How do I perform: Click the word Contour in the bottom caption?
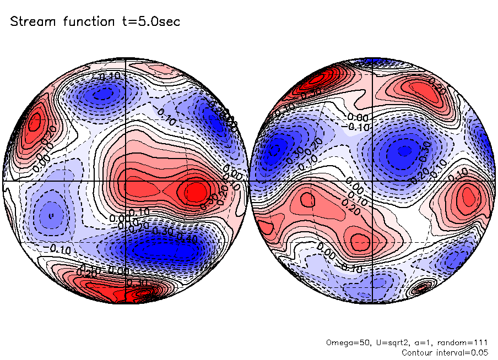coord(419,352)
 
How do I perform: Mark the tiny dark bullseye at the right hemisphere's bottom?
coord(423,287)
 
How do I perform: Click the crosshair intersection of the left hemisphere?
coord(126,181)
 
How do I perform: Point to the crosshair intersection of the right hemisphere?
coord(373,181)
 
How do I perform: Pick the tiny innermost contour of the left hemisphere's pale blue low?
coord(51,215)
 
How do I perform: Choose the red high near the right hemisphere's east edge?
coord(468,195)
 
